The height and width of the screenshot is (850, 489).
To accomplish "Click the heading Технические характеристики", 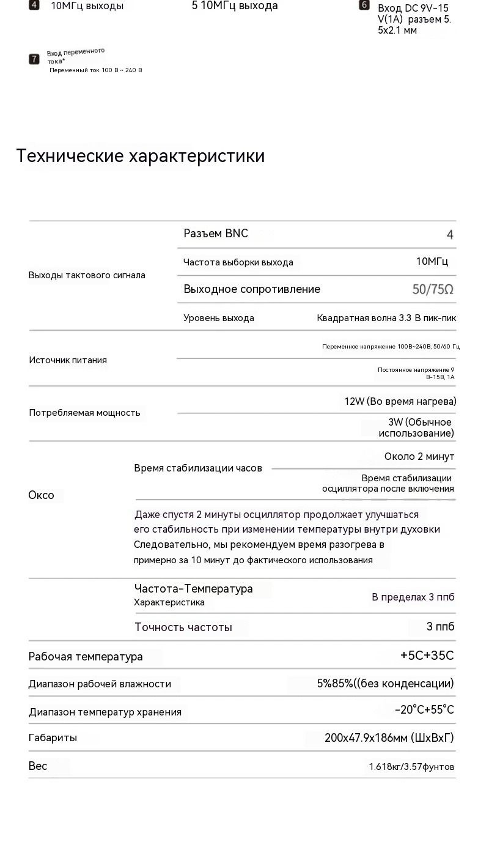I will [x=141, y=156].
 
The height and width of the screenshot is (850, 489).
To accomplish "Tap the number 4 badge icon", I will [x=34, y=6].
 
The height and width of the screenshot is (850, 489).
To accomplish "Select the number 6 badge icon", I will [x=364, y=6].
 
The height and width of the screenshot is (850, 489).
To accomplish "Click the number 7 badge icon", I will [x=34, y=59].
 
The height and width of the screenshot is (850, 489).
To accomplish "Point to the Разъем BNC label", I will [x=216, y=234].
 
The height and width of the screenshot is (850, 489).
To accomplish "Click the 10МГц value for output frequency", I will [x=432, y=262].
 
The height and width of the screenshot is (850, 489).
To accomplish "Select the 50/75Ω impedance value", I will [x=433, y=289].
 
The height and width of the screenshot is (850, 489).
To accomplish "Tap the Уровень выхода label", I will [x=219, y=318].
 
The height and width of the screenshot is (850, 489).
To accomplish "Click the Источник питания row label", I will [x=68, y=360].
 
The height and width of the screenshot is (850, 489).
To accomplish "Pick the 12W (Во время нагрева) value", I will [x=400, y=401].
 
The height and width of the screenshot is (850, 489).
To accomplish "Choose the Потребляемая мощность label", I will [x=84, y=413].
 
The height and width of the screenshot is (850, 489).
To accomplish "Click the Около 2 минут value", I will [x=419, y=457].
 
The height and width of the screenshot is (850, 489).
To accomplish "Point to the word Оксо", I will [x=41, y=495].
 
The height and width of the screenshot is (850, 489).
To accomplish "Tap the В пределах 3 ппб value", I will [x=413, y=597].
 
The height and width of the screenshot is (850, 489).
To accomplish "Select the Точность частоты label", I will [x=183, y=627].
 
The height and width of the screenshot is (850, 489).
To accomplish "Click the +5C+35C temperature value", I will [x=427, y=656].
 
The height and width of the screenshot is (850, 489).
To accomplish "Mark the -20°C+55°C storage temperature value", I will [x=424, y=710].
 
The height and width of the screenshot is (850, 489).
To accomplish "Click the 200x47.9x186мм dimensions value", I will [x=389, y=738].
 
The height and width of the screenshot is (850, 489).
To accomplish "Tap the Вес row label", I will [x=38, y=766].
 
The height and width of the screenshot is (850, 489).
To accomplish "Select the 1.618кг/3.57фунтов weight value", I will [x=411, y=767].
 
